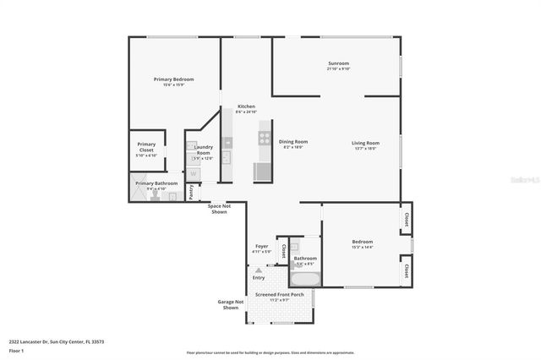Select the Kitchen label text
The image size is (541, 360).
[246, 106]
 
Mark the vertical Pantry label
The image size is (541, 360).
[191, 191]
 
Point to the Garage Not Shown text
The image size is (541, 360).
[231, 304]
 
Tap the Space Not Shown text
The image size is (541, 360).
[219, 209]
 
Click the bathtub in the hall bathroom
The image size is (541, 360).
[304, 278]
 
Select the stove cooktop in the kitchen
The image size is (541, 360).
[264, 137]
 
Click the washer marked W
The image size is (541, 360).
[194, 173]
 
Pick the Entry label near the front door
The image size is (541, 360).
[258, 277]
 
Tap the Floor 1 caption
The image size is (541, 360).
[16, 350]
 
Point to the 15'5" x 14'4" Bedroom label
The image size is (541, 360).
[363, 244]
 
